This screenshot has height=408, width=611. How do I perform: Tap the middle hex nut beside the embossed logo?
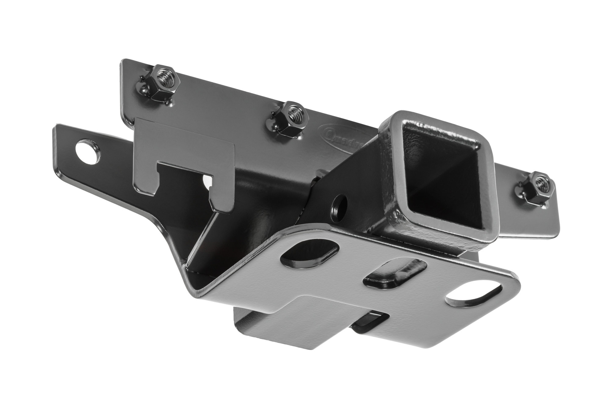pos(288,121)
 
